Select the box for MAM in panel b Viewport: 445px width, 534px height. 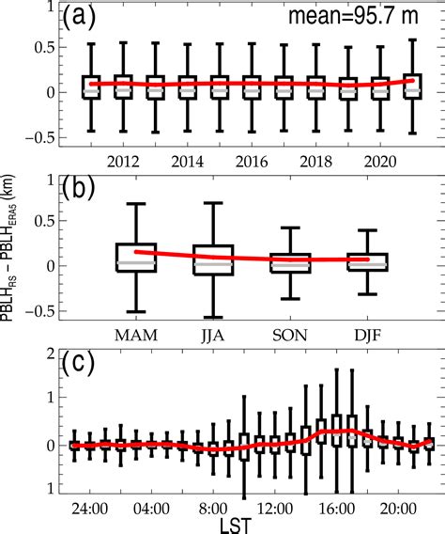(136, 258)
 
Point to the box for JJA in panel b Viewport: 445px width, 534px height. (212, 259)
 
